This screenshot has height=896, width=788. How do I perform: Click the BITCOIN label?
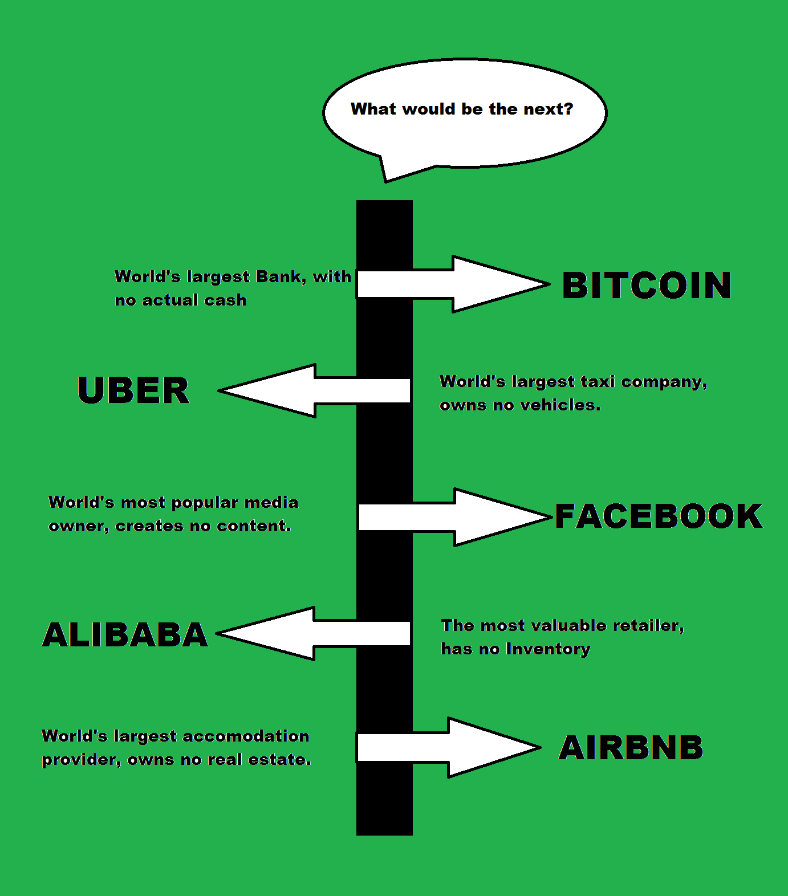pyautogui.click(x=647, y=285)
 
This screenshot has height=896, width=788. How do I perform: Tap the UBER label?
pyautogui.click(x=133, y=390)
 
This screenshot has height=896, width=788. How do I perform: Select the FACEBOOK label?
pyautogui.click(x=659, y=516)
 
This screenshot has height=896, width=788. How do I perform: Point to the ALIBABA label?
pyautogui.click(x=125, y=634)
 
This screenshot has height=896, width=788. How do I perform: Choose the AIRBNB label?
pyautogui.click(x=631, y=747)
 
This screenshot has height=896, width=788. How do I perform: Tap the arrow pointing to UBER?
pyautogui.click(x=315, y=391)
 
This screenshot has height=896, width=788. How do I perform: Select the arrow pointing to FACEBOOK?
pyautogui.click(x=455, y=517)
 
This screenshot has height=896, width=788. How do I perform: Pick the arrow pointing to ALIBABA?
pyautogui.click(x=314, y=633)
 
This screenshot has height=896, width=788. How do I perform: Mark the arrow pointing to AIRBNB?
pyautogui.click(x=449, y=747)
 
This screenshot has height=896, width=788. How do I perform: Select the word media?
pyautogui.click(x=271, y=502)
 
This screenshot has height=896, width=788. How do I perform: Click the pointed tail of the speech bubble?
pyautogui.click(x=386, y=181)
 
